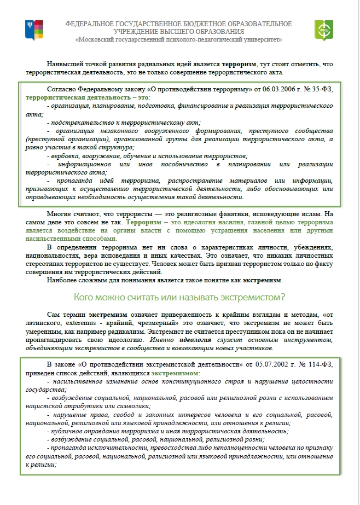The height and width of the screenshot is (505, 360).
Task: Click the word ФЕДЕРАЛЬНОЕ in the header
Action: (90, 24)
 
